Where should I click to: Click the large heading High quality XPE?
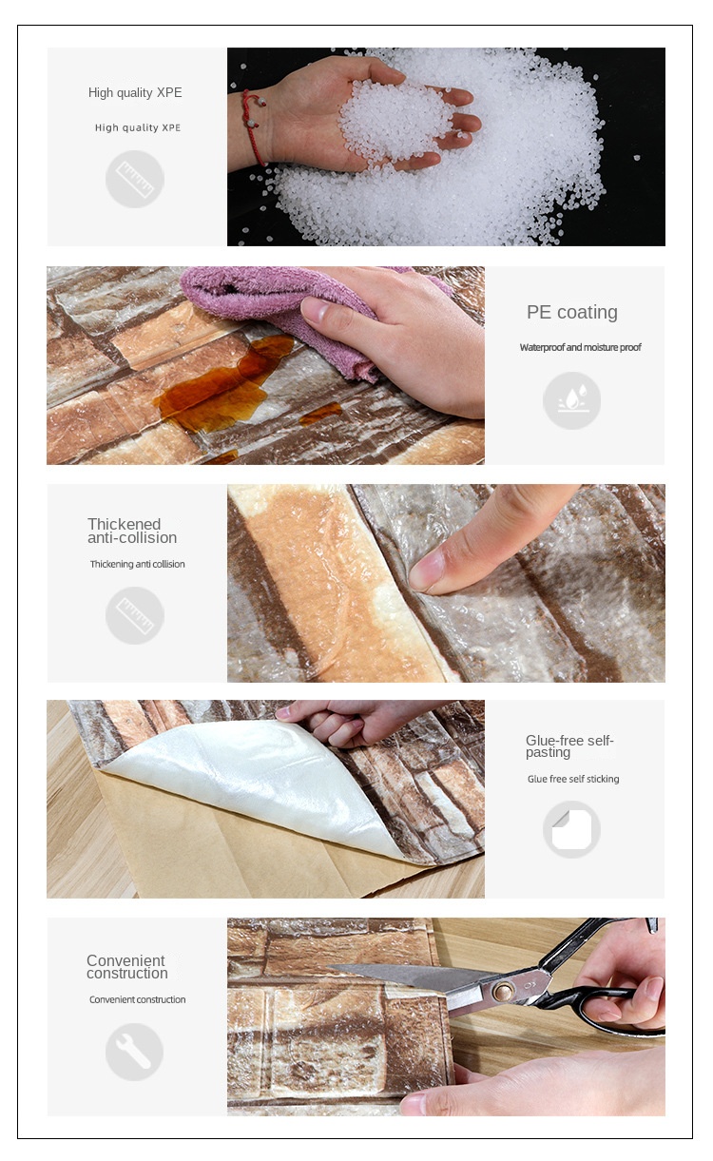point(135,93)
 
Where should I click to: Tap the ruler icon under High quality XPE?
point(135,179)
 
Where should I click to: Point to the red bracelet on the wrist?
point(254,125)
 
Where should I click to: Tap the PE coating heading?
point(572,312)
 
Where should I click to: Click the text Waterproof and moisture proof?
point(580,347)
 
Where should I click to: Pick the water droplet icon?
point(571,400)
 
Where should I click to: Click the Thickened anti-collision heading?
point(132,531)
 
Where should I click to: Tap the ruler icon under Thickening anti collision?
point(135,615)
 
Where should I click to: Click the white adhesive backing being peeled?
point(254,778)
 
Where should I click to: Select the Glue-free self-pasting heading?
point(569,746)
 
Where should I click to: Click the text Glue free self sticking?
point(573,779)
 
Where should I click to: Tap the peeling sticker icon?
point(571,829)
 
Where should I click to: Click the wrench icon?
point(134,1052)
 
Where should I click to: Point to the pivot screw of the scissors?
point(503,992)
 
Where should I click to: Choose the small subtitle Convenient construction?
point(137,999)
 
